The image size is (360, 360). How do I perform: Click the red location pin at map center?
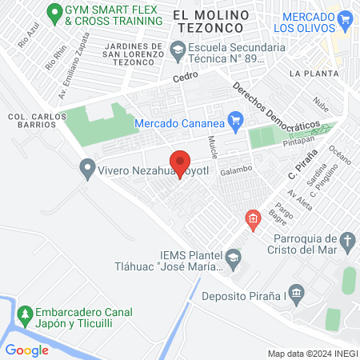180,162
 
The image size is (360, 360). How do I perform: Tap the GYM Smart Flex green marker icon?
55,12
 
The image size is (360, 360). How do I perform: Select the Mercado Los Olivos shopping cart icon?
346,18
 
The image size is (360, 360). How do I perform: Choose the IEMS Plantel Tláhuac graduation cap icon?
232,256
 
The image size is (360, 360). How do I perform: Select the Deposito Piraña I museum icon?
297,295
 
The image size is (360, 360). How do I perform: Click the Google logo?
26,350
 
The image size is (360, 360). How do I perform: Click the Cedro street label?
184,78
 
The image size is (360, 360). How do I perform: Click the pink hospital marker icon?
253,218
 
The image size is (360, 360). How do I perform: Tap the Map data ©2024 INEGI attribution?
312,353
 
